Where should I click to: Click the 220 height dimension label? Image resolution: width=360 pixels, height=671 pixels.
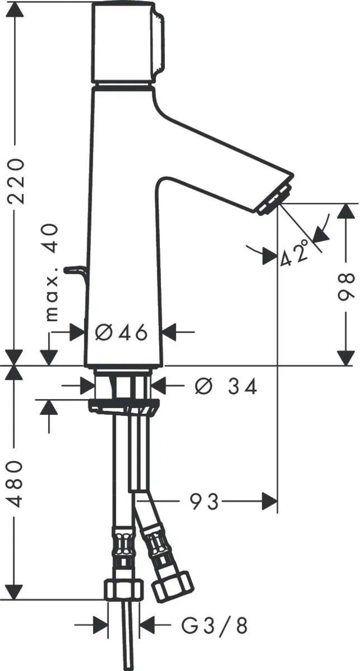[x=16, y=182]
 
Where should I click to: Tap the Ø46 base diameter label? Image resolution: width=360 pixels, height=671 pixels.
[x=121, y=332]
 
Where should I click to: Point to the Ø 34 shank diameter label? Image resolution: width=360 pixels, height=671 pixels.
[x=226, y=386]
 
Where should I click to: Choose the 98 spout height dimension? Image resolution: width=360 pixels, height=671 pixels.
[x=346, y=287]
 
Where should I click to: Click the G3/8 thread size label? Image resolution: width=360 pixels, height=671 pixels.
[x=214, y=623]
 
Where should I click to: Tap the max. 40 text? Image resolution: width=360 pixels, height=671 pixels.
[x=52, y=273]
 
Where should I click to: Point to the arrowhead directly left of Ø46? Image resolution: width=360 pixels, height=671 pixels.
[x=77, y=332]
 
